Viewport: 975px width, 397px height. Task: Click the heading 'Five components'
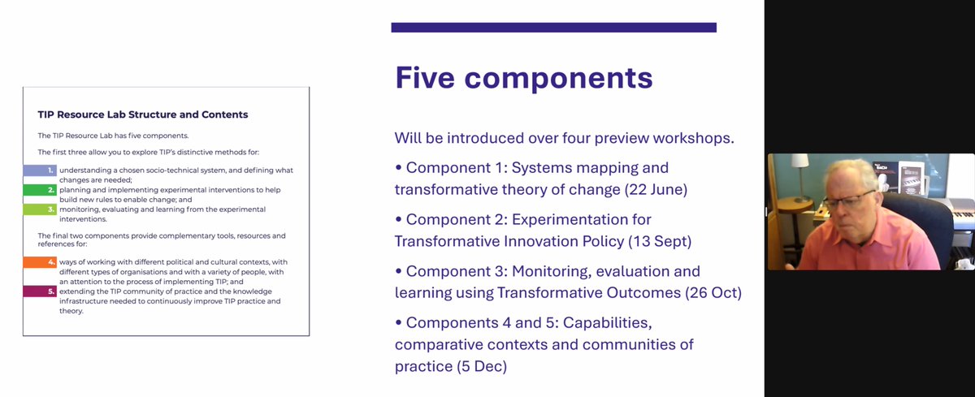point(523,79)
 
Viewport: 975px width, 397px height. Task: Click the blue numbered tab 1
point(39,170)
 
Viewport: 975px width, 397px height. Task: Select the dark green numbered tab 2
point(39,190)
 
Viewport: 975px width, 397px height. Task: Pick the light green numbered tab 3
point(39,209)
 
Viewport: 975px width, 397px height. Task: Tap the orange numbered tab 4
point(39,262)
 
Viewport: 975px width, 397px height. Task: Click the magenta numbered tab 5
point(39,291)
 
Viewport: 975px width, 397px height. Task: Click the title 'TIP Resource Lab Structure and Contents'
point(143,114)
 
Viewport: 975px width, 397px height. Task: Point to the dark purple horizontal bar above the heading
point(553,28)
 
